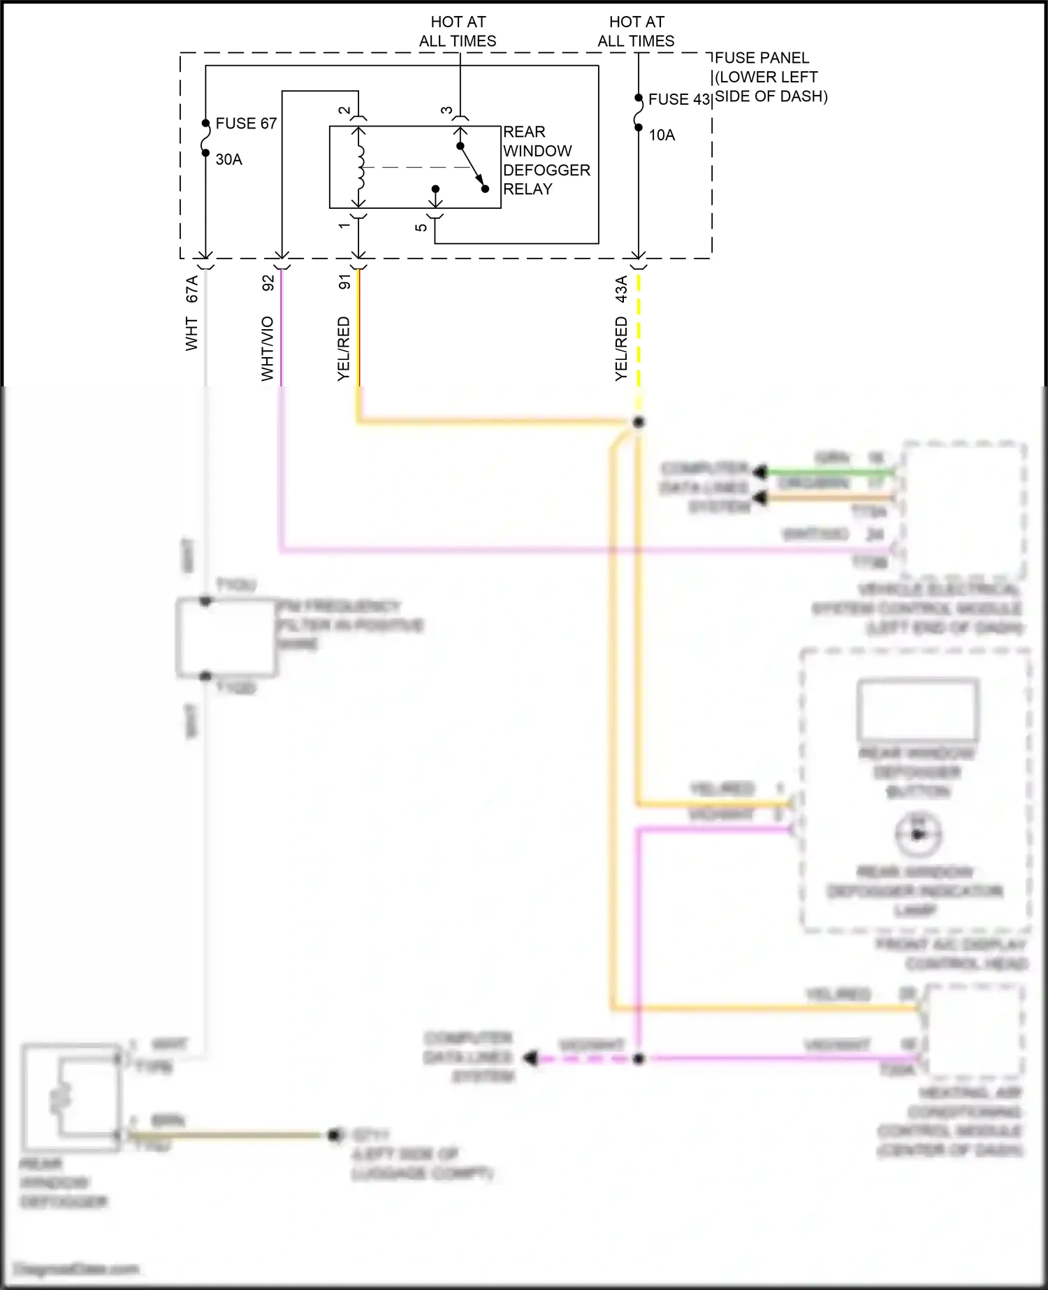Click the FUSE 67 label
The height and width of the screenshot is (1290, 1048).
pos(246,124)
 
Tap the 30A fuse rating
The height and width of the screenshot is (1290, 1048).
pos(228,160)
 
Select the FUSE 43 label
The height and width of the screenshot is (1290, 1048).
pos(678,100)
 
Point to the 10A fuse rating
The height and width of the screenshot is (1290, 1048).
pos(662,136)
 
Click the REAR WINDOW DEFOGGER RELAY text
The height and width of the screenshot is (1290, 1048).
pos(546,161)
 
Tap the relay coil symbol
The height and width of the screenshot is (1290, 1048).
pos(360,168)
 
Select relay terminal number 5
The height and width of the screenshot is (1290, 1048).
pos(421,227)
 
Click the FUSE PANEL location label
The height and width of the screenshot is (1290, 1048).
pos(770,78)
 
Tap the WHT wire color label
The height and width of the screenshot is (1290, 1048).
pos(191,334)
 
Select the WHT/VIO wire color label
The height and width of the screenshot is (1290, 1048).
pos(268,349)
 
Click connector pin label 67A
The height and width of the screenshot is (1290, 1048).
pos(191,289)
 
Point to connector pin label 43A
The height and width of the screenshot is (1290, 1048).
pos(621,289)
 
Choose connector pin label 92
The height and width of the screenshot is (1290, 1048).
pos(268,283)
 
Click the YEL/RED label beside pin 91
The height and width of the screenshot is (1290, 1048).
pos(344,349)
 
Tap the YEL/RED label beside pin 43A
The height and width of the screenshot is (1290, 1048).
pos(621,349)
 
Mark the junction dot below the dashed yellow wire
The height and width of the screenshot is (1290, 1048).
pos(638,422)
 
